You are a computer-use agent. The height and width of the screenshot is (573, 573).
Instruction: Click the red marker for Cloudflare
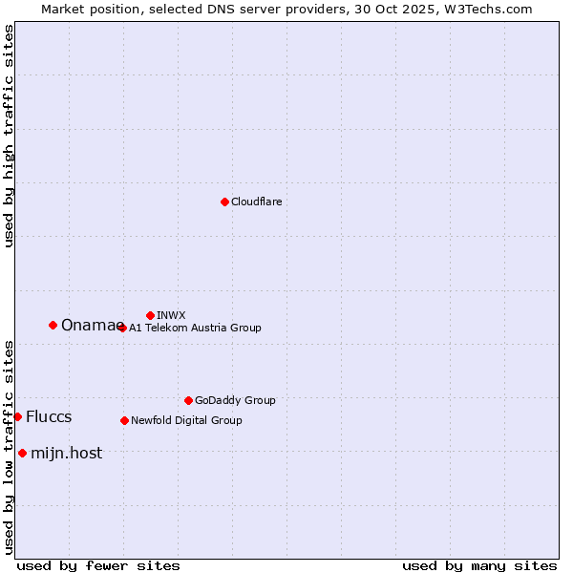tap(224, 202)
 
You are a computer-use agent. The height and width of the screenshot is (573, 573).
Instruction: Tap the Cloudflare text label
tap(256, 202)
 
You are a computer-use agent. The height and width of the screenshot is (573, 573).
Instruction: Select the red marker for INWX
tap(150, 315)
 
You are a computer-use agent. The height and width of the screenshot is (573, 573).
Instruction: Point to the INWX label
tap(171, 315)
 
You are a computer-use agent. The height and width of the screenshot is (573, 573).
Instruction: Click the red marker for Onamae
tap(53, 325)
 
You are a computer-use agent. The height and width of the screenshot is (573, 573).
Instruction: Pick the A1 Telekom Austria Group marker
tap(122, 328)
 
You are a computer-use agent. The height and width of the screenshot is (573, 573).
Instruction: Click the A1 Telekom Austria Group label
tap(195, 328)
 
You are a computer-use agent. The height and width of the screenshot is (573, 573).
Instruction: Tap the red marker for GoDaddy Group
tap(188, 400)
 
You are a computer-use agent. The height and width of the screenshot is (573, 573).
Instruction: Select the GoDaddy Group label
tap(235, 400)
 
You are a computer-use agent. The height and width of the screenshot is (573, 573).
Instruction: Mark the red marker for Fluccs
tap(17, 416)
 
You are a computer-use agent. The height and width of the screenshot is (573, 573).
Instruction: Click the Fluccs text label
tap(49, 417)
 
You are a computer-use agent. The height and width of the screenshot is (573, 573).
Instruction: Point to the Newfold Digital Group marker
tap(124, 420)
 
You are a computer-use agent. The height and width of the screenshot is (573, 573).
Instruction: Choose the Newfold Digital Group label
tap(186, 420)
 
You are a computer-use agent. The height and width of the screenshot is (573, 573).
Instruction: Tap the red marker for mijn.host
tap(22, 453)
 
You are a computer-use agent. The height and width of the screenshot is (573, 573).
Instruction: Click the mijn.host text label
tap(66, 454)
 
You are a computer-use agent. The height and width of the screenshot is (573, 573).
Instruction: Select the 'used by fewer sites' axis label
tap(98, 565)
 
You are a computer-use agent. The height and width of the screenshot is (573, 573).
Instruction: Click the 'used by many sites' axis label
tap(479, 565)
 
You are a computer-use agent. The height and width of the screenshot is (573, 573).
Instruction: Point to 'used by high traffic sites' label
tap(9, 136)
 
